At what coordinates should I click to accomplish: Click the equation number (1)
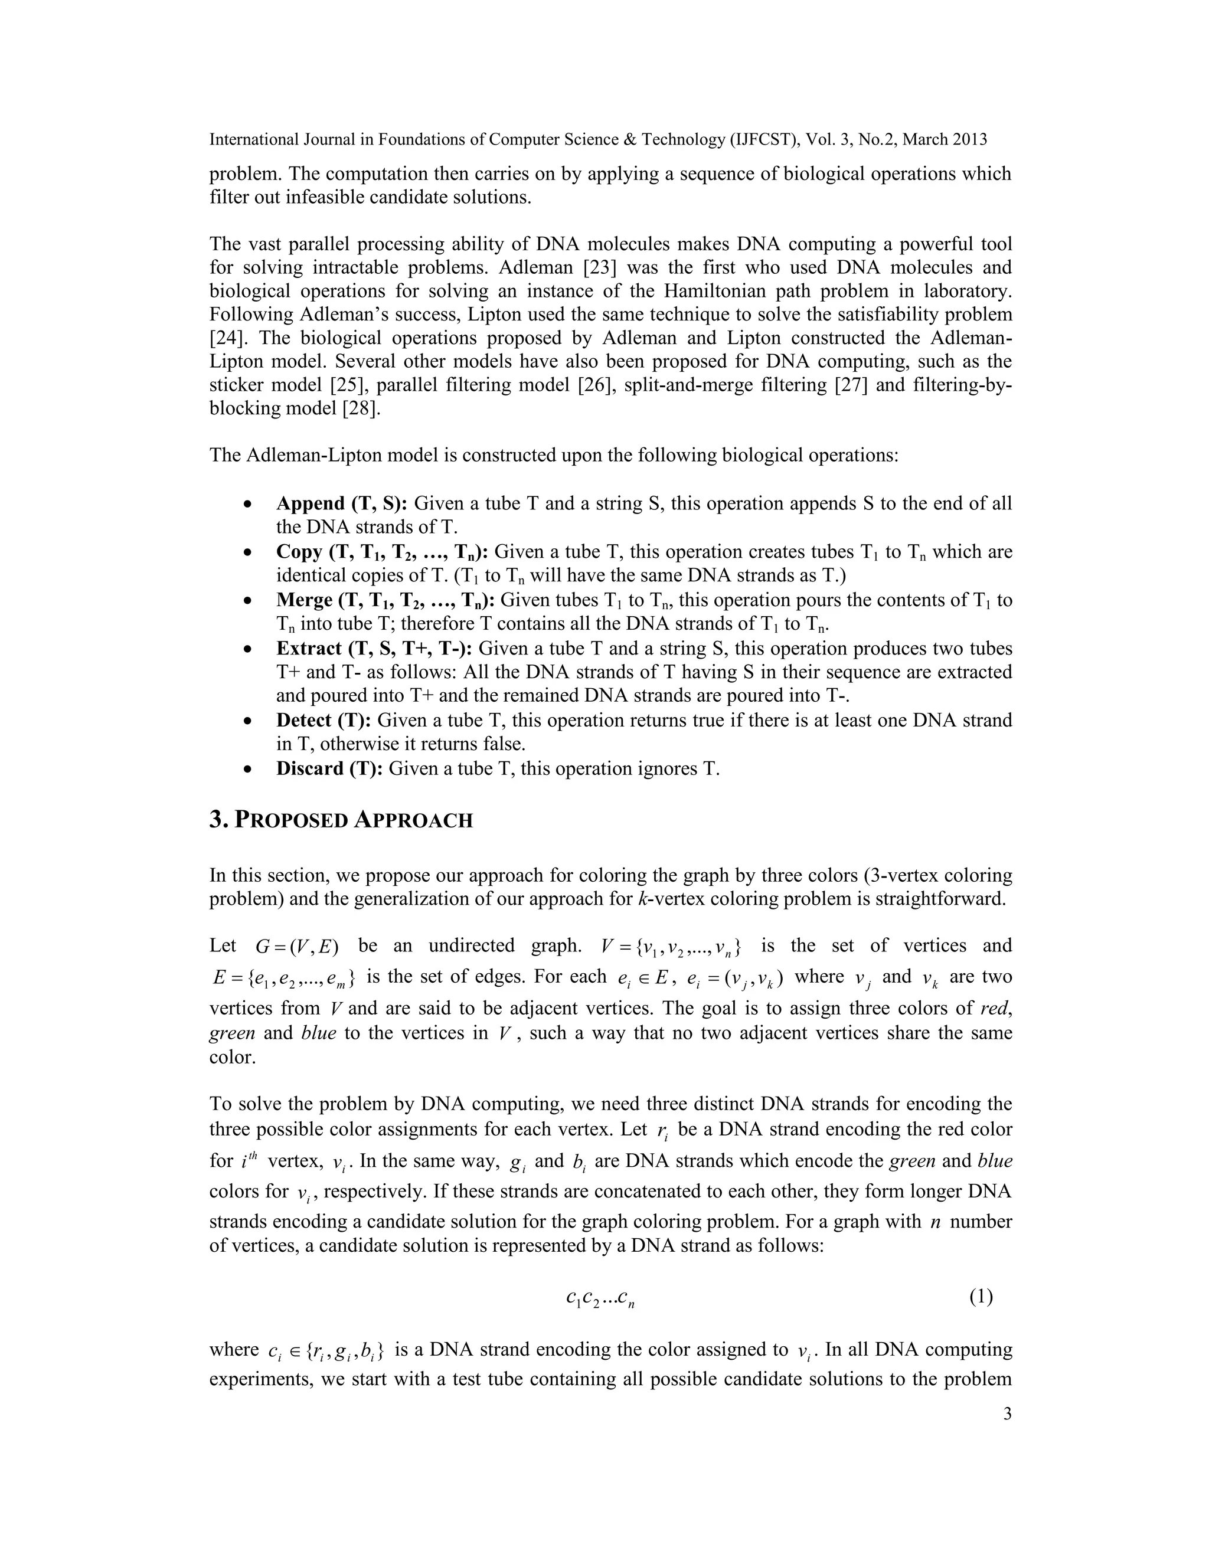tap(981, 1297)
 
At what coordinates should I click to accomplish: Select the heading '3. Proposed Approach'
tap(341, 820)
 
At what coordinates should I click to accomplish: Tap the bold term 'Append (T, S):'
tap(342, 503)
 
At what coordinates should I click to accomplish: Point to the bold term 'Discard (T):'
tap(329, 768)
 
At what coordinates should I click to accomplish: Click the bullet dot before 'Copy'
tap(247, 553)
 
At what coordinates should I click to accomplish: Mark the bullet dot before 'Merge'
tap(247, 601)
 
